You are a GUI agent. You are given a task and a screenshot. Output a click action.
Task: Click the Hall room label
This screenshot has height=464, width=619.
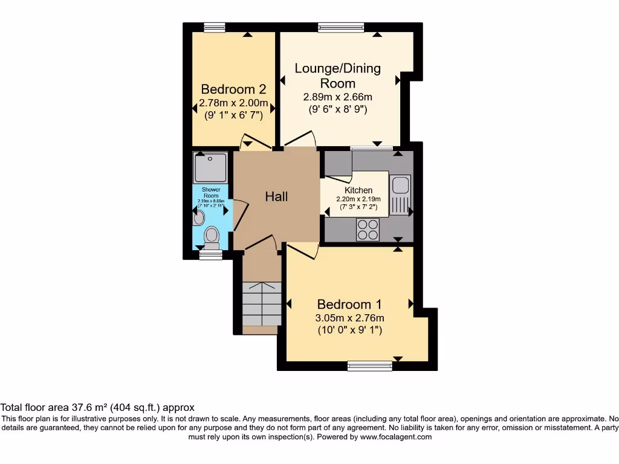[x=276, y=196]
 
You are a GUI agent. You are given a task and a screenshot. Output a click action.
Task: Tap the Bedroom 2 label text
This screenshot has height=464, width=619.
[x=233, y=88]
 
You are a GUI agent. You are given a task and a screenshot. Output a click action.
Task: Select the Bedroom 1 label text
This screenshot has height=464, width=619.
[x=350, y=304]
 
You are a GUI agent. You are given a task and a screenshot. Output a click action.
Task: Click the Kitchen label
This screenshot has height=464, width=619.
[x=358, y=190]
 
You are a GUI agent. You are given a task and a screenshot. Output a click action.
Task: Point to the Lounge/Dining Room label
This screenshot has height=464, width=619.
[x=338, y=76]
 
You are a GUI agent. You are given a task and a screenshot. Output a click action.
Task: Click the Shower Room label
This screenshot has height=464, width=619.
[x=210, y=192]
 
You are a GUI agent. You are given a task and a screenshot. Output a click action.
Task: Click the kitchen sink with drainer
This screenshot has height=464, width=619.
[x=400, y=193]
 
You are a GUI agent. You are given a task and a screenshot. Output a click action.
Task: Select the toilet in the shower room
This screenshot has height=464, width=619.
[x=211, y=237]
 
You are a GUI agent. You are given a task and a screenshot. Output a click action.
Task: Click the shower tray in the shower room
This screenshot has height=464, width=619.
[x=210, y=167]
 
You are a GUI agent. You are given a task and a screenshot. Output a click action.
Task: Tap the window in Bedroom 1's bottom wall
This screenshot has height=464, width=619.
[x=369, y=366]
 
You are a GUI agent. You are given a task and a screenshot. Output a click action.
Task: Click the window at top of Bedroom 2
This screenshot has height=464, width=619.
[x=214, y=27]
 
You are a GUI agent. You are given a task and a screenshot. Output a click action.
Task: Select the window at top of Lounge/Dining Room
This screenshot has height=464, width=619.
[x=341, y=27]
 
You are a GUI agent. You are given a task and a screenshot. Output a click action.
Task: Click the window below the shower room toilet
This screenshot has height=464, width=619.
[x=210, y=256]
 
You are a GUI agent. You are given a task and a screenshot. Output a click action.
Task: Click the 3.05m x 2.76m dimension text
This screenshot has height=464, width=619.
[x=350, y=318]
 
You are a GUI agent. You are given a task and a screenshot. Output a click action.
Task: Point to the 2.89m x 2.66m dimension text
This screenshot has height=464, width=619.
[x=337, y=97]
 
